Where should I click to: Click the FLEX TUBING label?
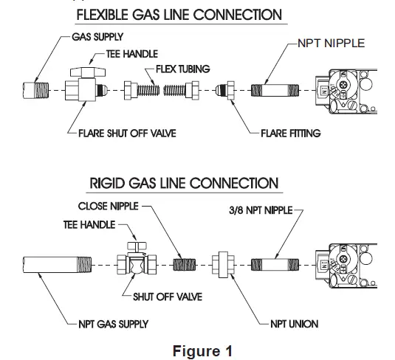coord(183,69)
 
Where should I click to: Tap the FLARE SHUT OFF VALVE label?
coord(127,134)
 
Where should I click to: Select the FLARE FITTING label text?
coord(291,134)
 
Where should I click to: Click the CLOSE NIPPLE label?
coord(109,206)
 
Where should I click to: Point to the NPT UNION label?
coord(295,324)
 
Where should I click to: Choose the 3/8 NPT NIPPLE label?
coord(261,210)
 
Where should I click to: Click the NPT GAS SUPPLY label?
coord(114,324)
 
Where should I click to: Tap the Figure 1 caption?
coord(202,351)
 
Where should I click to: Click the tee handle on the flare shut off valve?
coord(88,72)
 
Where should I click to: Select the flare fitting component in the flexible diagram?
coord(225,90)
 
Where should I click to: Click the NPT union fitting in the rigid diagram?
coord(223,265)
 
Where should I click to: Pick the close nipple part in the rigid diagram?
coord(185,265)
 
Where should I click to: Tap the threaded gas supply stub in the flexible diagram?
coord(35,91)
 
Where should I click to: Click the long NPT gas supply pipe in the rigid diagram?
coord(57,265)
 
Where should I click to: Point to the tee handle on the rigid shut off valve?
coord(137,246)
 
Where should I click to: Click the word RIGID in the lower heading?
coord(107,183)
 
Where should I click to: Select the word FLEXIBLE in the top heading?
coord(103,15)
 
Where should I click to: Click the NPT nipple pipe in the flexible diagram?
coord(275,90)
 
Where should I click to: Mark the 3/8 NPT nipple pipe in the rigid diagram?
coord(275,265)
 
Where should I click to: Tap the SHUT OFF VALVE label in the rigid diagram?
coord(168,297)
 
